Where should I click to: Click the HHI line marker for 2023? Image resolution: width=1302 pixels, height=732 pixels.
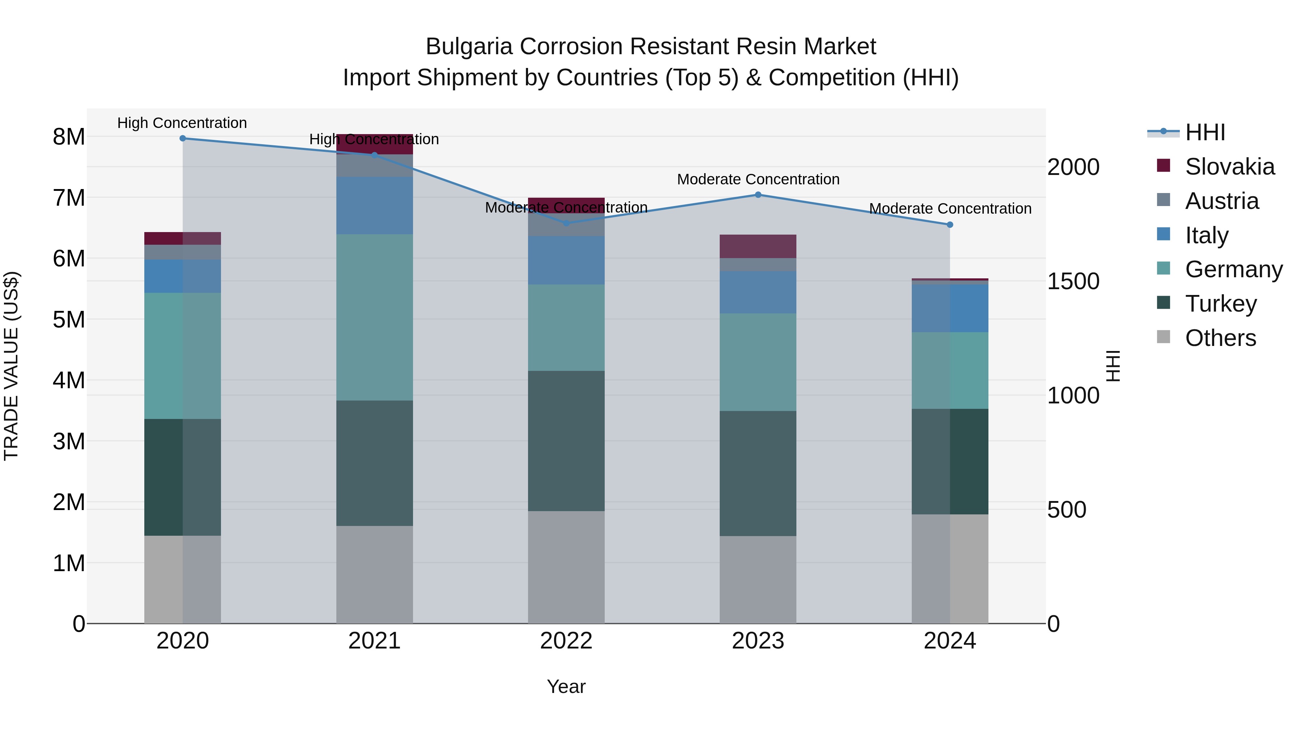coord(758,194)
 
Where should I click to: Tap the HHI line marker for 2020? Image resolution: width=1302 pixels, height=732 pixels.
coord(183,138)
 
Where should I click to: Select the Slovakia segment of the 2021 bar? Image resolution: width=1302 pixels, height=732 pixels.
coord(375,144)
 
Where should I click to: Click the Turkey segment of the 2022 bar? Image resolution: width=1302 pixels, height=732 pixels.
coord(566,441)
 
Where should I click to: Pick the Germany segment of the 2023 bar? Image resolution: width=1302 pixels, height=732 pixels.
coord(758,362)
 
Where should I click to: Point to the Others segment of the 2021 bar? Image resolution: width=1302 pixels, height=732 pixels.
coord(375,574)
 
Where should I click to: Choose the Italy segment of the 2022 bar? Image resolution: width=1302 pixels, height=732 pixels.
coord(566,260)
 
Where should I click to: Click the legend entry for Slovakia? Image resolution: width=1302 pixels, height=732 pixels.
coord(1230,167)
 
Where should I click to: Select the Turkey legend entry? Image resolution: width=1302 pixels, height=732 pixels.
coord(1221,304)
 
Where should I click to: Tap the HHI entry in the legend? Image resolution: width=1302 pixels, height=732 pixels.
coord(1205,132)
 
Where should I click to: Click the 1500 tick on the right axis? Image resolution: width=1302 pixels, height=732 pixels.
coord(1073,281)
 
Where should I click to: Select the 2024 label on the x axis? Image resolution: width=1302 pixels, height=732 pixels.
coord(950,641)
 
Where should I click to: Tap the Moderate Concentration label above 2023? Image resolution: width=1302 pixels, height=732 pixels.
coord(758,179)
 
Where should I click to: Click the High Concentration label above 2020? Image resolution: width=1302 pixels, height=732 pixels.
coord(182,123)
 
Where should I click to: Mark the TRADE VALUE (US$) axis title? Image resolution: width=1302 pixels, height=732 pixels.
coord(11,366)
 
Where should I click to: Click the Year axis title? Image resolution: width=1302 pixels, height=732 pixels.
coord(566,686)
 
